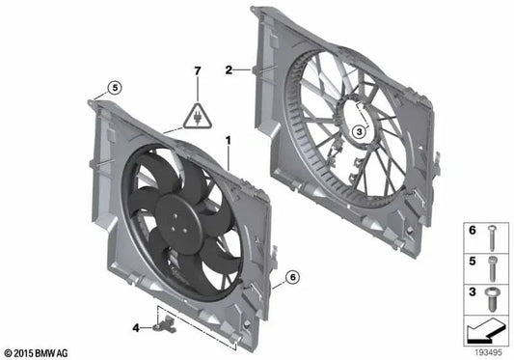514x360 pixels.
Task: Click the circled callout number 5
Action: pos(115,88)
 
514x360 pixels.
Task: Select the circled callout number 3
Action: pos(358,132)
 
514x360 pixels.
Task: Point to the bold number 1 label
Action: pos(228,140)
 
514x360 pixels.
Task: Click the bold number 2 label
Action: pos(229,69)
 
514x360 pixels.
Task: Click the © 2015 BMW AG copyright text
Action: pos(37,351)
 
